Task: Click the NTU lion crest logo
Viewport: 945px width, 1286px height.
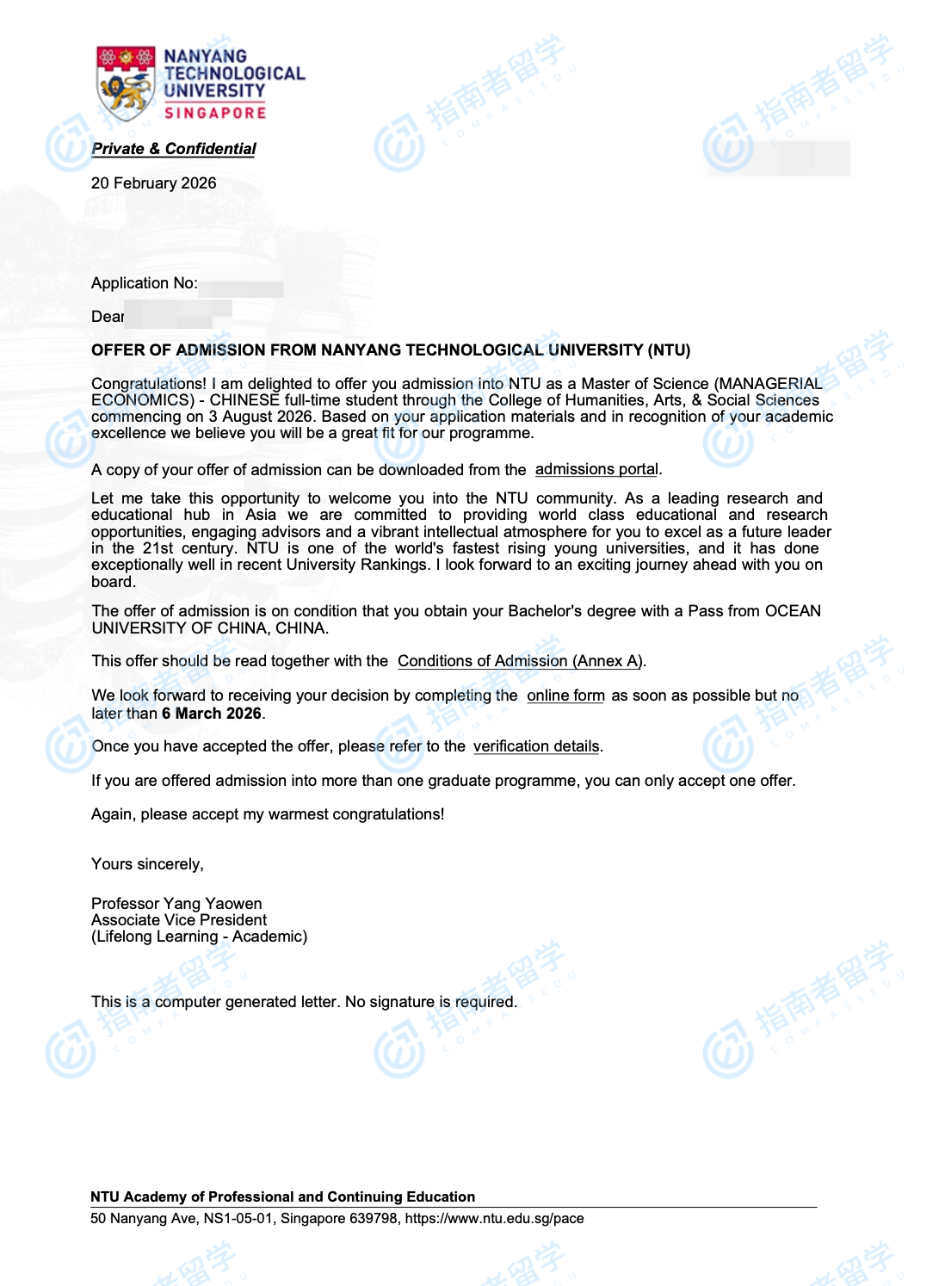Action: pos(127,83)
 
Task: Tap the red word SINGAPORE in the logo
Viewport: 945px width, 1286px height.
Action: pos(215,113)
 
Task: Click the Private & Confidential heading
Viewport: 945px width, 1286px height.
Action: pos(174,149)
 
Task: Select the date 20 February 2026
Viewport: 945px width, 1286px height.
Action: pos(153,183)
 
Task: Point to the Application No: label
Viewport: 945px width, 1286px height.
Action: pos(144,283)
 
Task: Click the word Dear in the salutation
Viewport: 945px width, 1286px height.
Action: pos(108,317)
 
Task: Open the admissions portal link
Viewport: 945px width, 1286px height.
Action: pos(596,469)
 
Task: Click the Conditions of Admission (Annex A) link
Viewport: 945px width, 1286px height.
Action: pos(520,661)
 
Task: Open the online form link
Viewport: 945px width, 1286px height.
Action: pos(565,696)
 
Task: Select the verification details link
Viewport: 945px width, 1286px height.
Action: pos(536,746)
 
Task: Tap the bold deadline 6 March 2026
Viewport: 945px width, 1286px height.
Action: pos(212,714)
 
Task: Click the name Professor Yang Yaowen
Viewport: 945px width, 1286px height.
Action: pos(176,904)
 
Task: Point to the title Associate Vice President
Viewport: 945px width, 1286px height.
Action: pos(179,920)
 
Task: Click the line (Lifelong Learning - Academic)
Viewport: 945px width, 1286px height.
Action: pos(199,937)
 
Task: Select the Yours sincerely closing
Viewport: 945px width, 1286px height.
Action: pos(147,864)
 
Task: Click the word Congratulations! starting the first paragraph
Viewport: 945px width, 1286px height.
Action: pos(149,384)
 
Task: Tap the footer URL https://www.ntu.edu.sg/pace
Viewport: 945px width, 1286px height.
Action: pos(494,1219)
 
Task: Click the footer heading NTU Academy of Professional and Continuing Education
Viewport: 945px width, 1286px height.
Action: pos(282,1197)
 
